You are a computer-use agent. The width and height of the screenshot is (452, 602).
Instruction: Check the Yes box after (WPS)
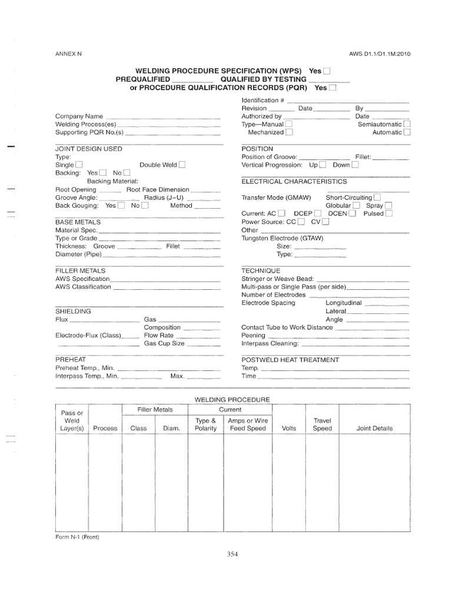327,71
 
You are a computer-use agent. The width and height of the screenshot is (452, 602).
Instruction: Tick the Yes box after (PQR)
333,88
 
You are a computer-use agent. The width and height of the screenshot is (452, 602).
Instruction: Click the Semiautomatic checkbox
407,125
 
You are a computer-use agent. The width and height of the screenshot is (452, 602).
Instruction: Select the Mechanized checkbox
289,133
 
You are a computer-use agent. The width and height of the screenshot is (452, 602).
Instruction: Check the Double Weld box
182,165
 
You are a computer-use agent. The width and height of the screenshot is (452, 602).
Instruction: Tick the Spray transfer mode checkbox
388,206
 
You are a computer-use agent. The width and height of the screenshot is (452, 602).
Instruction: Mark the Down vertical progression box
355,165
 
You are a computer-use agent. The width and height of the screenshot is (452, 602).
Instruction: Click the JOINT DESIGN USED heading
88,149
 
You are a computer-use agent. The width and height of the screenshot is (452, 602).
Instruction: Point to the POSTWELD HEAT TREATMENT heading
290,359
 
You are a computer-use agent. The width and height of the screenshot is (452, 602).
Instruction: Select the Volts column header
289,429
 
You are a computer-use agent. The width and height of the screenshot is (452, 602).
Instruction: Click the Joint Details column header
374,429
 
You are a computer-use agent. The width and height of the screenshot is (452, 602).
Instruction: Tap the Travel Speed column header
322,424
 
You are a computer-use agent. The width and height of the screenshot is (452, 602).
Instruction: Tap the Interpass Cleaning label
270,343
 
